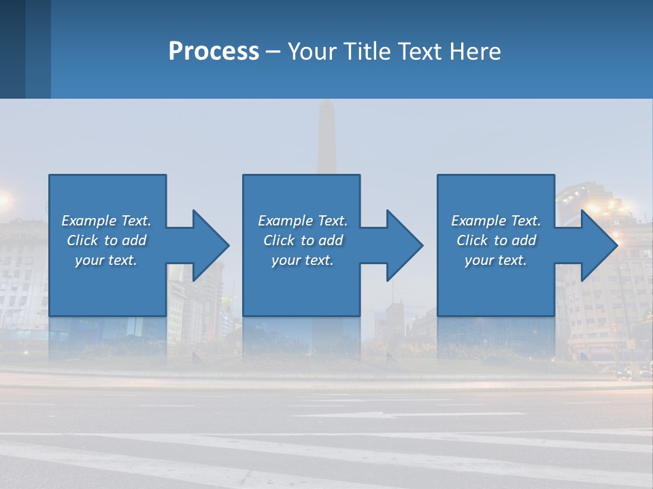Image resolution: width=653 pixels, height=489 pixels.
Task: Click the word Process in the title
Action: pyautogui.click(x=214, y=52)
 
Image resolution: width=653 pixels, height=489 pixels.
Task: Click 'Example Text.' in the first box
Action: pyautogui.click(x=106, y=221)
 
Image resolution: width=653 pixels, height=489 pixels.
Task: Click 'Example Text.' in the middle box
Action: pyautogui.click(x=303, y=221)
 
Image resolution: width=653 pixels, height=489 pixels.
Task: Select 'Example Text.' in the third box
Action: pyautogui.click(x=496, y=221)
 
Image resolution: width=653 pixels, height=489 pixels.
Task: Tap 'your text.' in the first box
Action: pyautogui.click(x=106, y=260)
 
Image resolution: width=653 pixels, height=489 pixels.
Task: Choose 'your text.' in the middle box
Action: pyautogui.click(x=303, y=260)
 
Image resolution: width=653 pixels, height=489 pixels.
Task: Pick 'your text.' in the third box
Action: pyautogui.click(x=496, y=260)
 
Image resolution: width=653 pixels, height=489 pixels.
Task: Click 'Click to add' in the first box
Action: pyautogui.click(x=106, y=240)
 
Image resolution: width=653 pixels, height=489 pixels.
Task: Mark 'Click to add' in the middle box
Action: pyautogui.click(x=303, y=240)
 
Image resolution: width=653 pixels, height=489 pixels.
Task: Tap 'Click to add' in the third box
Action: pyautogui.click(x=496, y=240)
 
